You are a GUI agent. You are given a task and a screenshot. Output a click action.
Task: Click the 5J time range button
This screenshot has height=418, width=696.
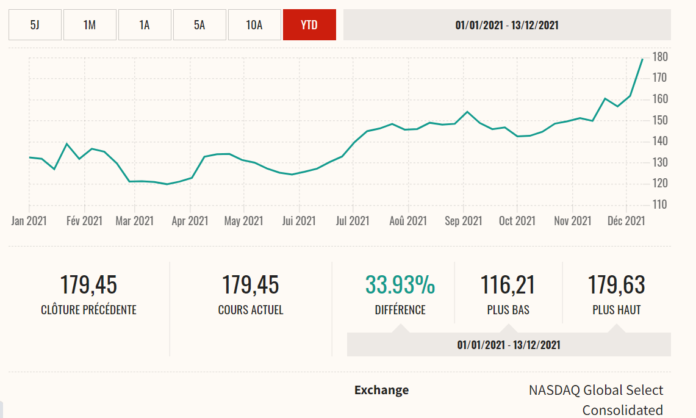(x=35, y=25)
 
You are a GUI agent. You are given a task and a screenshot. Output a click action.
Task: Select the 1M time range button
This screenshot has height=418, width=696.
(x=90, y=25)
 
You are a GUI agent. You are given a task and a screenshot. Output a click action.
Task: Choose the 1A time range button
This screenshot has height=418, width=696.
(x=145, y=25)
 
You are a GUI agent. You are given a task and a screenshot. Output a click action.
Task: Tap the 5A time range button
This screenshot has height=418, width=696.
(x=199, y=25)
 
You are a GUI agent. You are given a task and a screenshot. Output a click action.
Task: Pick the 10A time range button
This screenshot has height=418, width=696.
(x=254, y=25)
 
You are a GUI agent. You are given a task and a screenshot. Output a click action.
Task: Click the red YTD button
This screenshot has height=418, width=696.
(x=309, y=25)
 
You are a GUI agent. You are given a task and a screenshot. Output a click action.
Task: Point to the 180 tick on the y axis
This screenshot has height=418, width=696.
(x=660, y=57)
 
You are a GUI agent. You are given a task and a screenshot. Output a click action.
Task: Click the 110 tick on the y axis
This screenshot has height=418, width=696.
(x=660, y=204)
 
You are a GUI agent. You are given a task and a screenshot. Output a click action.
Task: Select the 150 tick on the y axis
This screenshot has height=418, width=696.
(x=660, y=120)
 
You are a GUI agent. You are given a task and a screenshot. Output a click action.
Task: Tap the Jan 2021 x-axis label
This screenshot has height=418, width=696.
(x=29, y=221)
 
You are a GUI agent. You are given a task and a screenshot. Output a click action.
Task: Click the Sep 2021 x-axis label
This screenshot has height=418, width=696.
(x=463, y=221)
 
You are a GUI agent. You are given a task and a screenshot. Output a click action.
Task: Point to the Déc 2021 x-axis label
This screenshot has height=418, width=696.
(x=626, y=221)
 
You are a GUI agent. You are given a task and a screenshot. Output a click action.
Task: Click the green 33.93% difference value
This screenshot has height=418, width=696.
(x=400, y=285)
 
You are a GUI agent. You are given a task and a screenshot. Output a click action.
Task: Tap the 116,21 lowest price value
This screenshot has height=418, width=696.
(x=508, y=285)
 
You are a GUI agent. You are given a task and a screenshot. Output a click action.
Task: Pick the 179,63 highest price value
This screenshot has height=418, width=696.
(x=616, y=285)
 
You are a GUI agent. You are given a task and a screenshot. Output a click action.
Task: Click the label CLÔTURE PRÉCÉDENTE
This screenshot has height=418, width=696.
(x=88, y=310)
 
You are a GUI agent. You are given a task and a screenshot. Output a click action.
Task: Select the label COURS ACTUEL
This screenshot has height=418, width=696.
(x=251, y=310)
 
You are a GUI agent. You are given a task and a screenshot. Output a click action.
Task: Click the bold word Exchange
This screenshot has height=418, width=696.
(x=381, y=390)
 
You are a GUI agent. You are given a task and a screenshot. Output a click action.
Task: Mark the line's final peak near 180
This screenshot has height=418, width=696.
(x=642, y=59)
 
